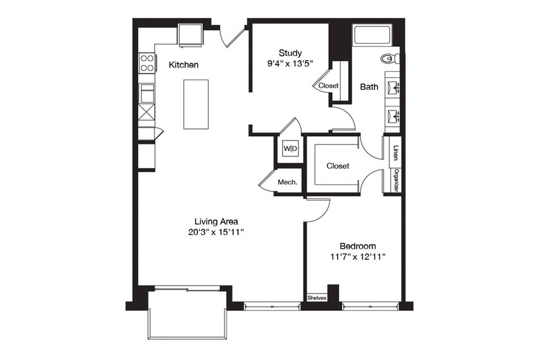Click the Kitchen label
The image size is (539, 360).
click(184, 65)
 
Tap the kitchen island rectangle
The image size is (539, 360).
click(196, 104)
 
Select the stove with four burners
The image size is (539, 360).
click(147, 63)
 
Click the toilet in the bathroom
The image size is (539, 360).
click(390, 59)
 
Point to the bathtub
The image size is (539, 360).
click(372, 35)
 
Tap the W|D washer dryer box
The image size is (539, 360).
click(290, 149)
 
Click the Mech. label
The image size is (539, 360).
click(287, 182)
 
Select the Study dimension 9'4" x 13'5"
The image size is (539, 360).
click(290, 63)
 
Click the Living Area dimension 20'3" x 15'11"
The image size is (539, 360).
click(216, 232)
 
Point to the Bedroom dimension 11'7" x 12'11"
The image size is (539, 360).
click(358, 256)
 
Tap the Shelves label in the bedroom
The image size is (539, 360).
click(317, 298)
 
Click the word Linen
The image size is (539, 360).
click(396, 153)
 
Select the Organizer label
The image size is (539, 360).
click(396, 180)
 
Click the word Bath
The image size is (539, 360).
click(369, 87)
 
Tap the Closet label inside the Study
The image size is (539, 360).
click(328, 86)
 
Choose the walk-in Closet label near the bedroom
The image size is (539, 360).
click(338, 166)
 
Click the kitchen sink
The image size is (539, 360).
click(147, 94)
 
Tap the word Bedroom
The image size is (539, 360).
click(358, 246)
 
